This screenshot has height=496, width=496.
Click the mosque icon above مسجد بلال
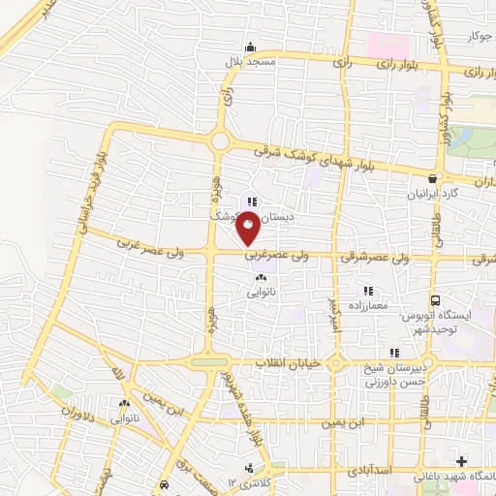pyautogui.click(x=251, y=46)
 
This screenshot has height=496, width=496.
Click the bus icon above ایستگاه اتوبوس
pyautogui.click(x=435, y=301)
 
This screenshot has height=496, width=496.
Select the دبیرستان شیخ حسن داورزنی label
pyautogui.click(x=391, y=372)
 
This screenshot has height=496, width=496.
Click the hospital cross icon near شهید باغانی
pyautogui.click(x=461, y=460)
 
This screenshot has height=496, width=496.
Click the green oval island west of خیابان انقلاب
pyautogui.click(x=207, y=363)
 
